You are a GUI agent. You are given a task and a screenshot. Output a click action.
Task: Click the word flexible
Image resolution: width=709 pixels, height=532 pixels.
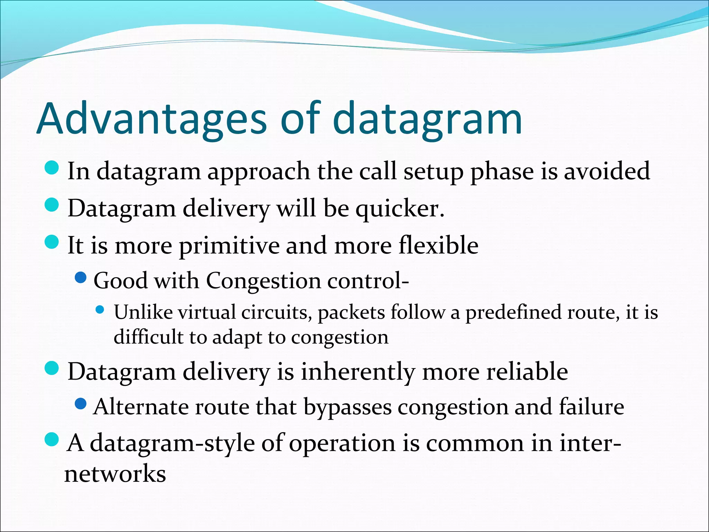pyautogui.click(x=438, y=245)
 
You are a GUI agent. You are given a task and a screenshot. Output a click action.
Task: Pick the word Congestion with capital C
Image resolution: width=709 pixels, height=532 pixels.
pyautogui.click(x=263, y=281)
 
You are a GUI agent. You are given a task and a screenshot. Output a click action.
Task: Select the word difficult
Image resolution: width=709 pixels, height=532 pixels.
pyautogui.click(x=148, y=337)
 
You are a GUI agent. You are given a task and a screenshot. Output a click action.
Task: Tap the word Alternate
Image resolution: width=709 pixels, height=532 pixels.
pyautogui.click(x=141, y=407)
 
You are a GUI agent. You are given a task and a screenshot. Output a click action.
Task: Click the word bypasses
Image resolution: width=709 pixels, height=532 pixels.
pyautogui.click(x=348, y=407)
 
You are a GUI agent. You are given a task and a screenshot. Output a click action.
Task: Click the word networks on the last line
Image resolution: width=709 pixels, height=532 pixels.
pyautogui.click(x=115, y=474)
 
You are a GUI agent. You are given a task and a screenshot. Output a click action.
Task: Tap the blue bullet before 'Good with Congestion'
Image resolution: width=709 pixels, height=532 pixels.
pyautogui.click(x=81, y=277)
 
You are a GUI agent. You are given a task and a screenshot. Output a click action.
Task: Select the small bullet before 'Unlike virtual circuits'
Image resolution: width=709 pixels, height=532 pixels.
pyautogui.click(x=100, y=309)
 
